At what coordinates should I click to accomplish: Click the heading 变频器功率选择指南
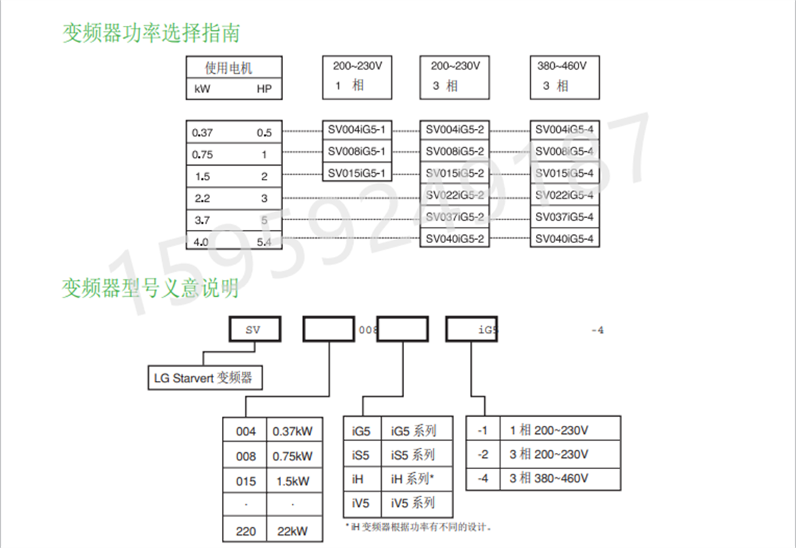tap(151, 33)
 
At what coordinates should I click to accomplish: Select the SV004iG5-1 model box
tap(357, 130)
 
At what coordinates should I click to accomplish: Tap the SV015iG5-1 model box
tap(357, 174)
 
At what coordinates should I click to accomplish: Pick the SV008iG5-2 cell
tap(455, 152)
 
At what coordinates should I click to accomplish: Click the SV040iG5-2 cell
tap(455, 239)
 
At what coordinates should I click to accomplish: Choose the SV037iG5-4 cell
tap(564, 217)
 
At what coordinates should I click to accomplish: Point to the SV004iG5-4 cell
tap(564, 130)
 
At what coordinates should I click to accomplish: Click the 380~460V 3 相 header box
tap(562, 76)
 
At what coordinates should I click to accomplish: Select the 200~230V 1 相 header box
tap(357, 76)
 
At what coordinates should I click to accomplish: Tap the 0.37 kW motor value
tap(202, 133)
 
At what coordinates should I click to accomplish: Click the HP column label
tap(264, 90)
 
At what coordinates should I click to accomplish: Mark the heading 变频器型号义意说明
tap(150, 288)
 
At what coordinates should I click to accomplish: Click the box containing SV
tap(254, 330)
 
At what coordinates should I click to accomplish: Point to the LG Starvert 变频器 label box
tap(204, 378)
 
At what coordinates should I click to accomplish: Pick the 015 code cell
tap(246, 481)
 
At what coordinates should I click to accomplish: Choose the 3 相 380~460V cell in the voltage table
tap(549, 478)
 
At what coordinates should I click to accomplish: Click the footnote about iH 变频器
tap(418, 527)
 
